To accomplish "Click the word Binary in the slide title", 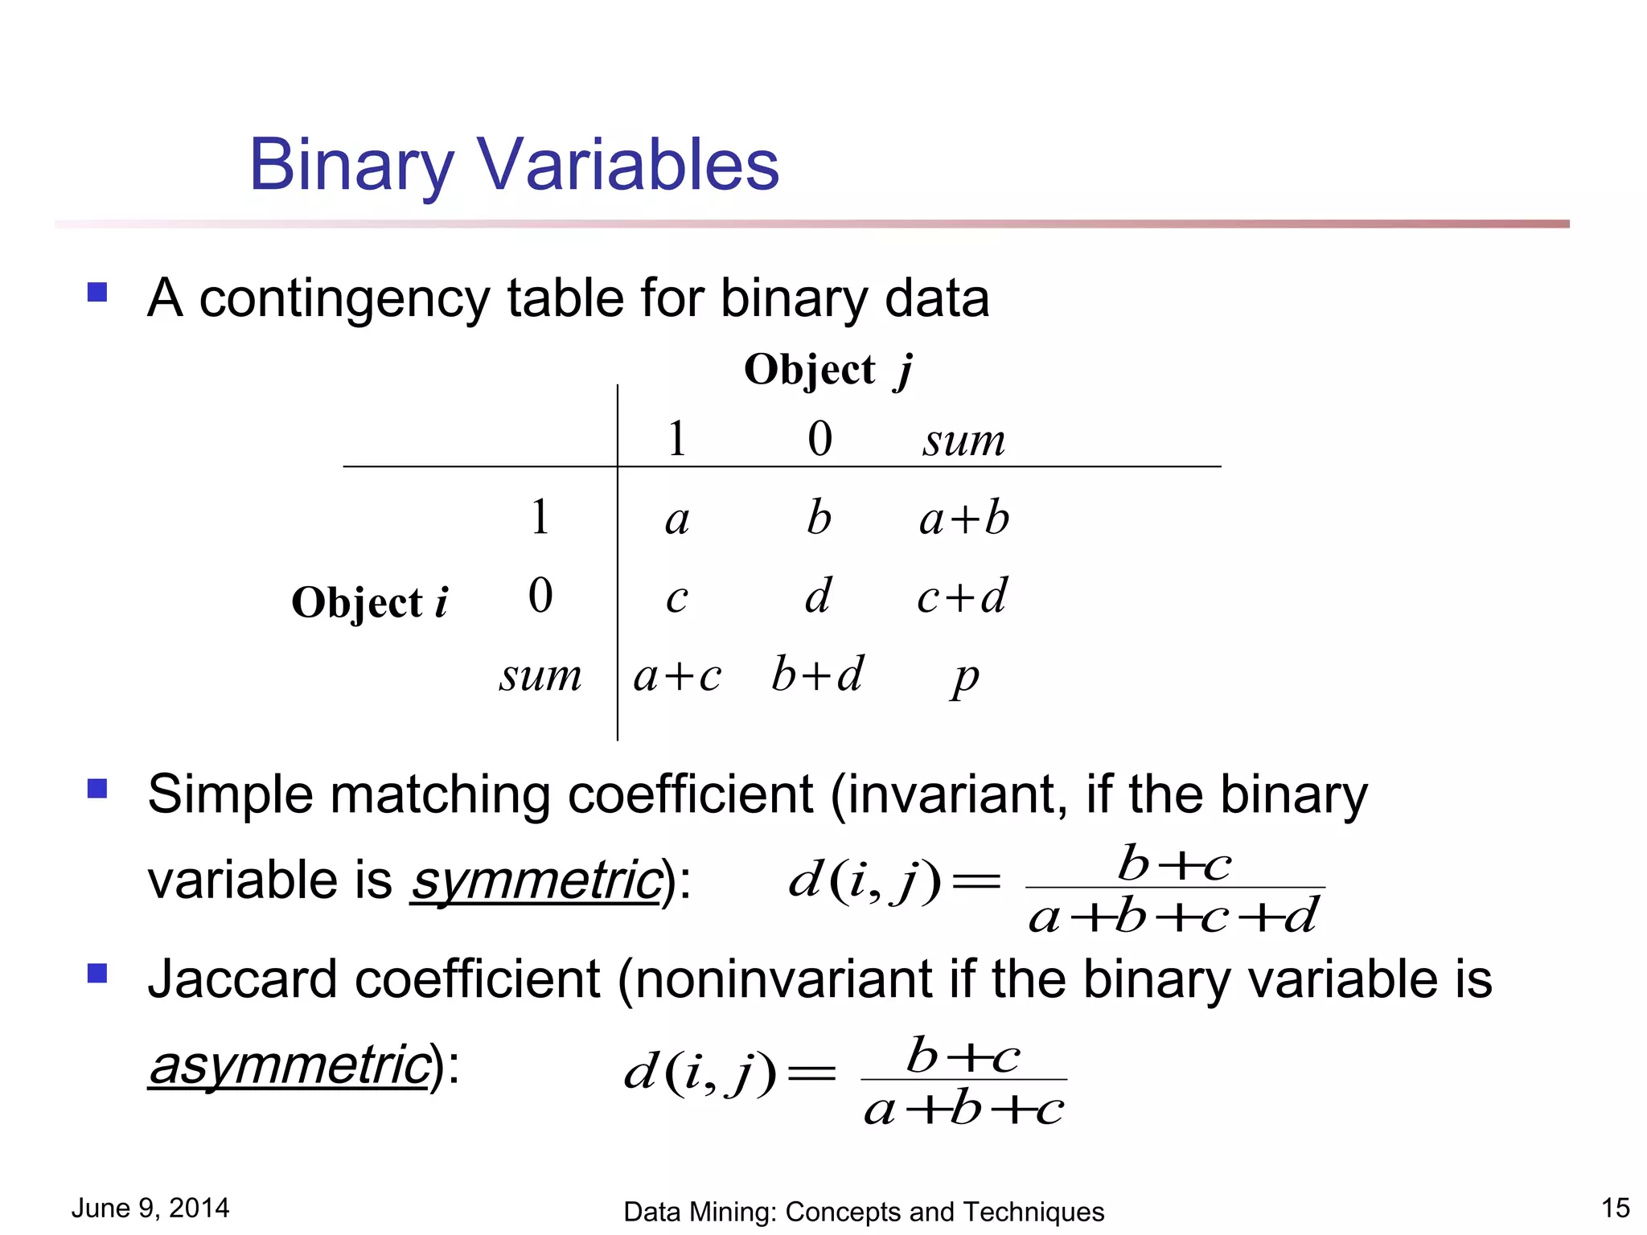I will pyautogui.click(x=351, y=166).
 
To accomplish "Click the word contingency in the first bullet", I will pyautogui.click(x=343, y=299).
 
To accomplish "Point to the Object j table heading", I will pyautogui.click(x=828, y=371).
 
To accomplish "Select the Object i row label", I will pyautogui.click(x=369, y=602).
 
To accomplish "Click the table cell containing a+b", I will pyautogui.click(x=963, y=517).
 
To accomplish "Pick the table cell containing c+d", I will pyautogui.click(x=962, y=597).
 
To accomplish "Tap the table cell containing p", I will pyautogui.click(x=965, y=677).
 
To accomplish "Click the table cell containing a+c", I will pyautogui.click(x=677, y=675).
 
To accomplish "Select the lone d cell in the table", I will pyautogui.click(x=818, y=596).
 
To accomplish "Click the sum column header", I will pyautogui.click(x=963, y=441).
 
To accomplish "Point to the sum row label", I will pyautogui.click(x=540, y=675).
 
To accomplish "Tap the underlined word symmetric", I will pyautogui.click(x=536, y=880).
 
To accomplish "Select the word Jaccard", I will pyautogui.click(x=242, y=979).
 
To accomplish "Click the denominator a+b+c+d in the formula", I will pyautogui.click(x=1173, y=916).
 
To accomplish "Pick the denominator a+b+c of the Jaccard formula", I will pyautogui.click(x=963, y=1110).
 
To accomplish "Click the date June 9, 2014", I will pyautogui.click(x=150, y=1208).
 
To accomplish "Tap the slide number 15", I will pyautogui.click(x=1615, y=1208).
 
